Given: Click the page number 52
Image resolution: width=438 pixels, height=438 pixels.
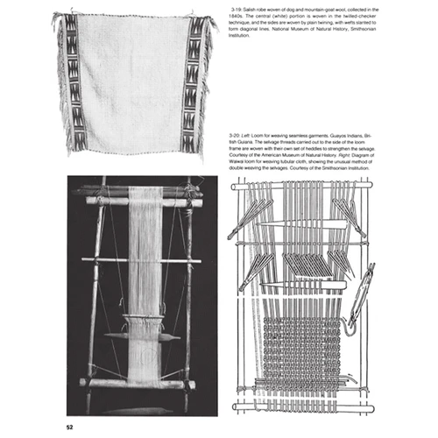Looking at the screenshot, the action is coord(69,427).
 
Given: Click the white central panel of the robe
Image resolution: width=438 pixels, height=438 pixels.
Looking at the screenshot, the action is coord(135,79).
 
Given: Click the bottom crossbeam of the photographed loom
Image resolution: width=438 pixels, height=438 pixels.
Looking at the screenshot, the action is coord(135,383).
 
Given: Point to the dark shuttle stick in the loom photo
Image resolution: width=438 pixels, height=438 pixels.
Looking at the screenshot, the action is coord(140,336).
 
